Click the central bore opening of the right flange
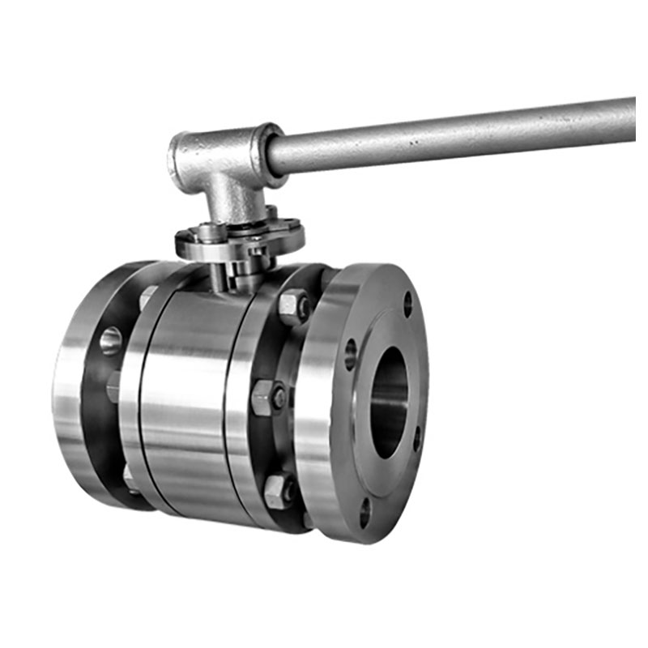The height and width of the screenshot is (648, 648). click(x=390, y=403)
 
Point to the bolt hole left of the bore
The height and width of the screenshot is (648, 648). click(x=350, y=354)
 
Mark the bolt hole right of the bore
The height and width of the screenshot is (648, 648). click(x=417, y=441)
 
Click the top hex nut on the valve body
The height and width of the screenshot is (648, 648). click(x=293, y=305)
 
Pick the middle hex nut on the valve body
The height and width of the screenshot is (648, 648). click(x=267, y=397)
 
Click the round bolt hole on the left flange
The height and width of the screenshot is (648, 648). click(x=111, y=340)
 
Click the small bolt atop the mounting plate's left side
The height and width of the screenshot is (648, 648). click(x=188, y=236)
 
